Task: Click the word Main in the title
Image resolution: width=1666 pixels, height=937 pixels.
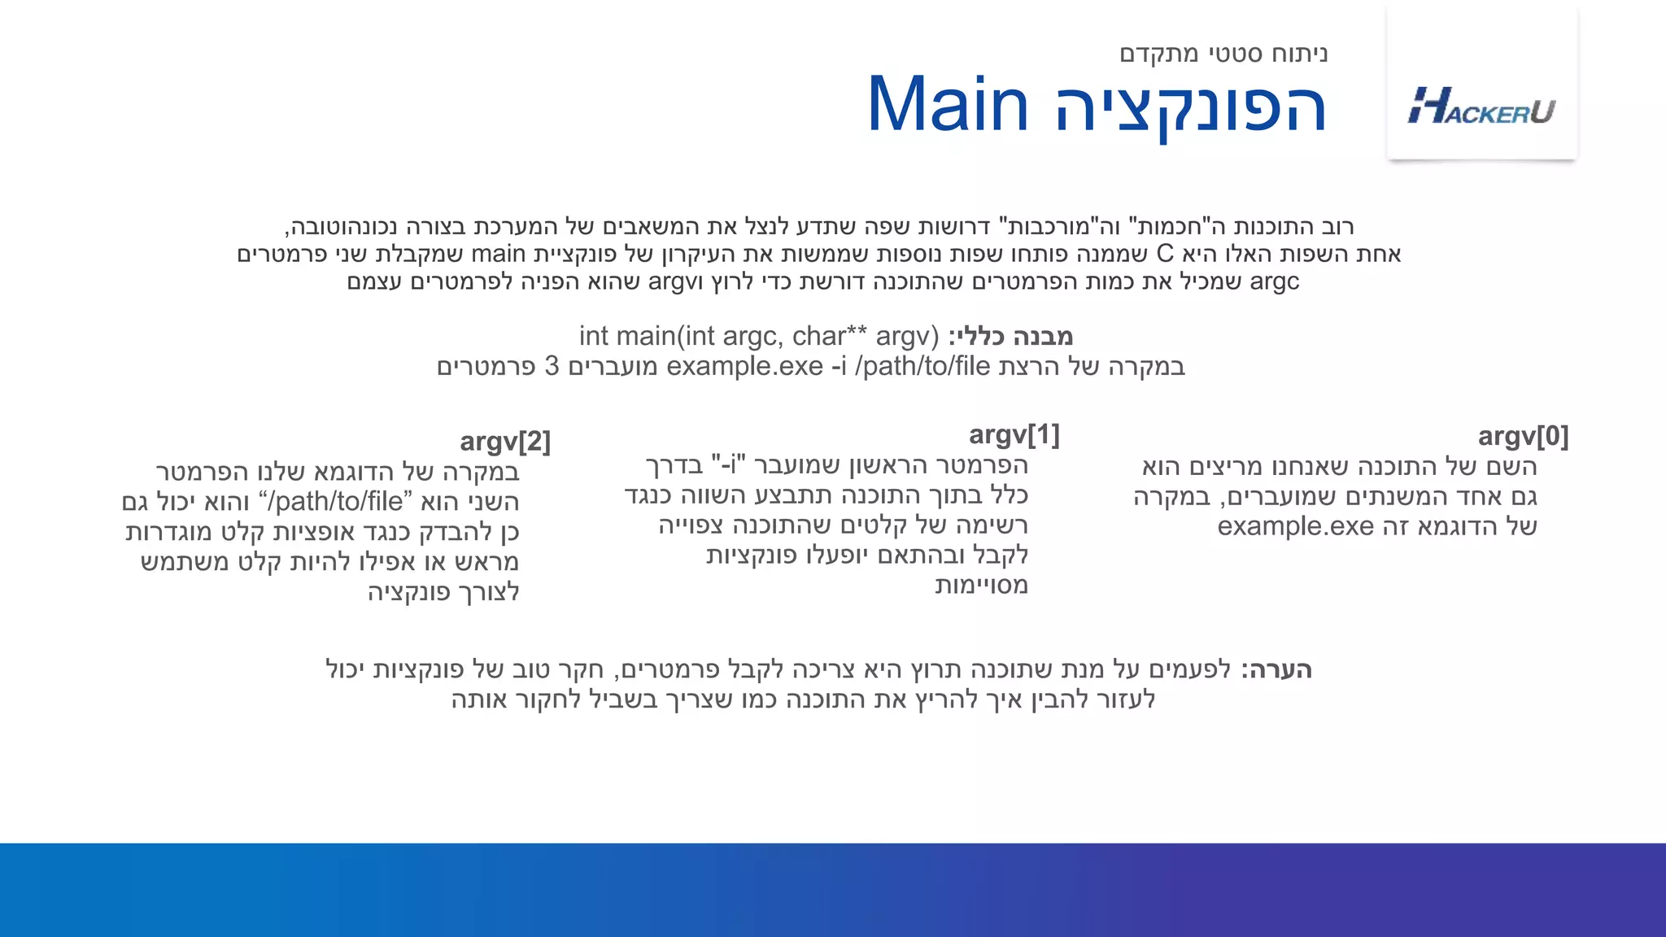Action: pos(948,106)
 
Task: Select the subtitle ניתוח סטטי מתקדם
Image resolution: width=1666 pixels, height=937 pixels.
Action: pos(1223,54)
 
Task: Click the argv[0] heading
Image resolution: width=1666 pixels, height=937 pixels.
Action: pos(1523,437)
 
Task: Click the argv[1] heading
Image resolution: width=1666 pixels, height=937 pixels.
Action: pos(1014,435)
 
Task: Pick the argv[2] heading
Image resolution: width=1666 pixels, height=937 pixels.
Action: pos(505,442)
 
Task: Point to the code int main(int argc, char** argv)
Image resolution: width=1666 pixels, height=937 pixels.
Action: pos(758,336)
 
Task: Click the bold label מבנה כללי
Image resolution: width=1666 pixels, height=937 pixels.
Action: pos(1011,336)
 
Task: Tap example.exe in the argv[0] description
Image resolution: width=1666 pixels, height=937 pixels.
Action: pos(1295,526)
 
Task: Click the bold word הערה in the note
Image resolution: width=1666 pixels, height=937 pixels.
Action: pos(1276,670)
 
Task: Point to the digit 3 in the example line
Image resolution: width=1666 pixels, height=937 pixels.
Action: pos(552,366)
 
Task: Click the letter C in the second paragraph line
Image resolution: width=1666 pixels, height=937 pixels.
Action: pos(1165,254)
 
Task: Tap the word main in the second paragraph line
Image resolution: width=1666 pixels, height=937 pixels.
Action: pos(499,254)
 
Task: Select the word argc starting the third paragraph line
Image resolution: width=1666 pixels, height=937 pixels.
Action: pos(1274,281)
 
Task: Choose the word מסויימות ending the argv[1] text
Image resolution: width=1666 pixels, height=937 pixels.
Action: pos(981,586)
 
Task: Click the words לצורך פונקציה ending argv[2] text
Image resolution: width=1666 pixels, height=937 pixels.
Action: pos(443,592)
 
